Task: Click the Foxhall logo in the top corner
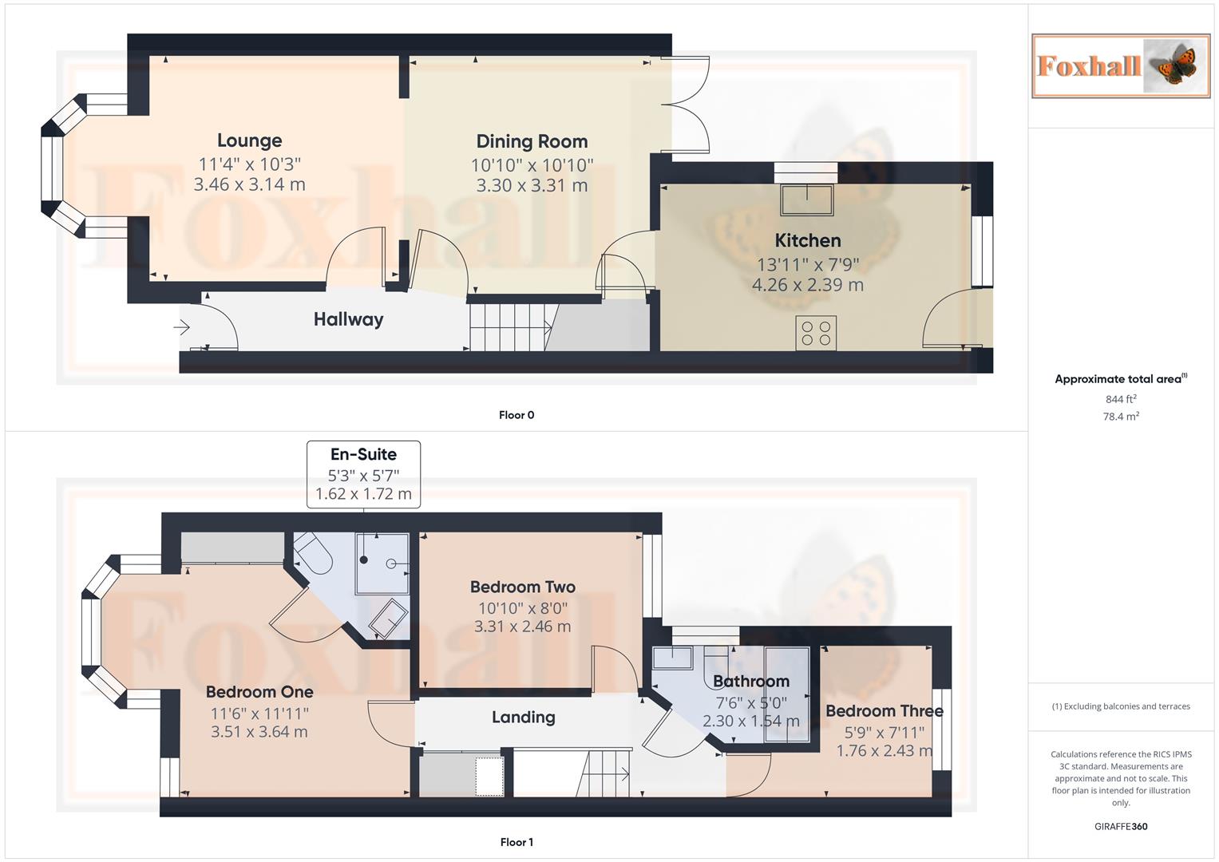coord(1121,66)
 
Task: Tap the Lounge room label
coord(250,140)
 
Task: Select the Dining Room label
coord(532,141)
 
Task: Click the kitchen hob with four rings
coord(816,333)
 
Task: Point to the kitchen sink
coord(807,200)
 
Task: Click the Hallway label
coord(348,319)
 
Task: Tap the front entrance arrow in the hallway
coord(181,327)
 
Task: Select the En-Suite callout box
coord(363,475)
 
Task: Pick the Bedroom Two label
coord(523,587)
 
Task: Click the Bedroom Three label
coord(885,710)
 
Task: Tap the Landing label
coord(524,718)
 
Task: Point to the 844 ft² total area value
coord(1121,399)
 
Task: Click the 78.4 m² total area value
coord(1121,417)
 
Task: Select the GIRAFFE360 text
coord(1121,826)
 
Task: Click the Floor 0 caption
coord(516,415)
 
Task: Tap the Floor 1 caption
coord(516,842)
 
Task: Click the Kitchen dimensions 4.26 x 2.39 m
coord(808,285)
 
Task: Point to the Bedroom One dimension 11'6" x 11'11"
coord(259,714)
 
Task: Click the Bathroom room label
coord(751,682)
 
